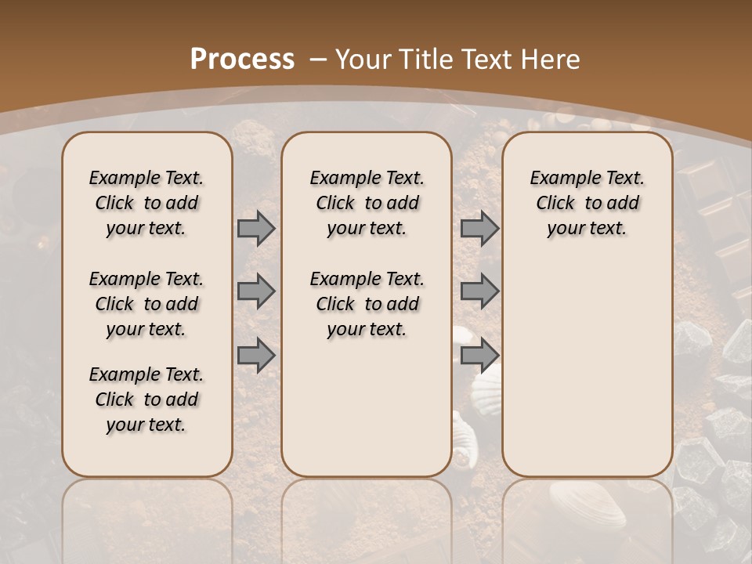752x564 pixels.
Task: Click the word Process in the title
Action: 242,60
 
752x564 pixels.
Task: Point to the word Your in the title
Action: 365,60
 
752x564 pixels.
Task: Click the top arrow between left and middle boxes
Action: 256,229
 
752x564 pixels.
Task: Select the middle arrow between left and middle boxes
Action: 256,292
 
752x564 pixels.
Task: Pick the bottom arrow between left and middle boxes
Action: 256,356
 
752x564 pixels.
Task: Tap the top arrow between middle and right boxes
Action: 479,229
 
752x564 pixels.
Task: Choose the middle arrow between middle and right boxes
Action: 479,292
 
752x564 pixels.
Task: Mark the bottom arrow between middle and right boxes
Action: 479,356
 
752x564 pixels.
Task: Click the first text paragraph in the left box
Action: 146,203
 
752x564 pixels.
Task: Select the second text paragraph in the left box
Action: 146,304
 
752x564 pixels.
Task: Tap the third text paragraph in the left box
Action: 146,399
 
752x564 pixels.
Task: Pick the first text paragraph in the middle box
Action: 367,203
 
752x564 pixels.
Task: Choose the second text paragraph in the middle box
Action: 367,304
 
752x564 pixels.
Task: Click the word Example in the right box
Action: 558,179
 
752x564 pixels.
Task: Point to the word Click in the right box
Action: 555,204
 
